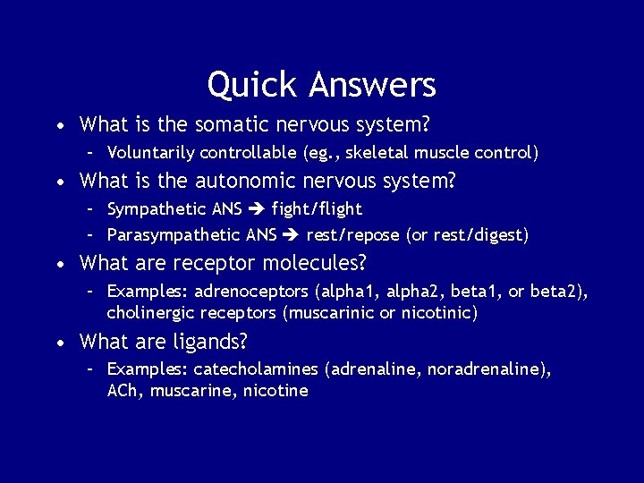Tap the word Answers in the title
tap(372, 85)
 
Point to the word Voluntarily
tap(150, 153)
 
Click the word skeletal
tap(380, 153)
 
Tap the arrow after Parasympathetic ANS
tap(291, 235)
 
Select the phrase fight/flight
tap(317, 209)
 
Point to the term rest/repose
tap(353, 235)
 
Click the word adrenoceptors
tap(241, 292)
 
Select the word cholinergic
tap(147, 313)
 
